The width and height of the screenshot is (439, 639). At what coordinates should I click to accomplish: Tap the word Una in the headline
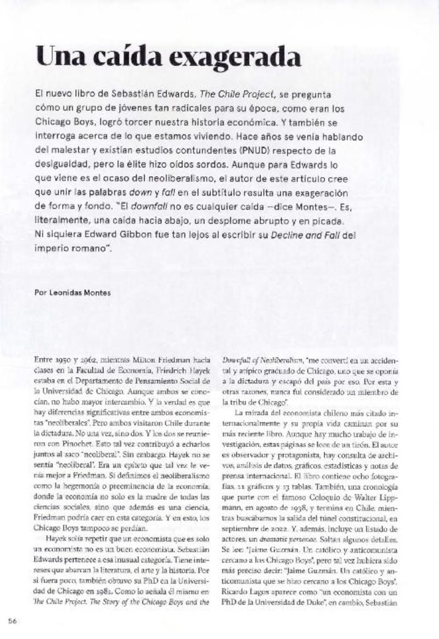coord(59,57)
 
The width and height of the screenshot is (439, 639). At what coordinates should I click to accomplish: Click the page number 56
coord(14,620)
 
